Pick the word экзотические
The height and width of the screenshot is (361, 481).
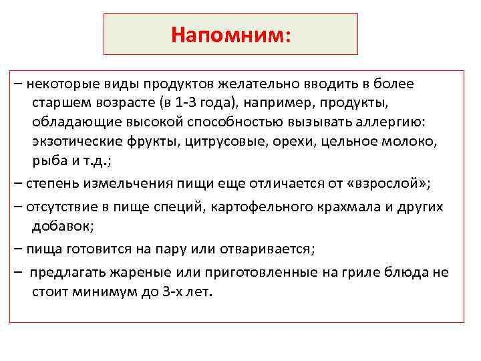pos(75,142)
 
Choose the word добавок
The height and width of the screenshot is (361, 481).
pos(61,226)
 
